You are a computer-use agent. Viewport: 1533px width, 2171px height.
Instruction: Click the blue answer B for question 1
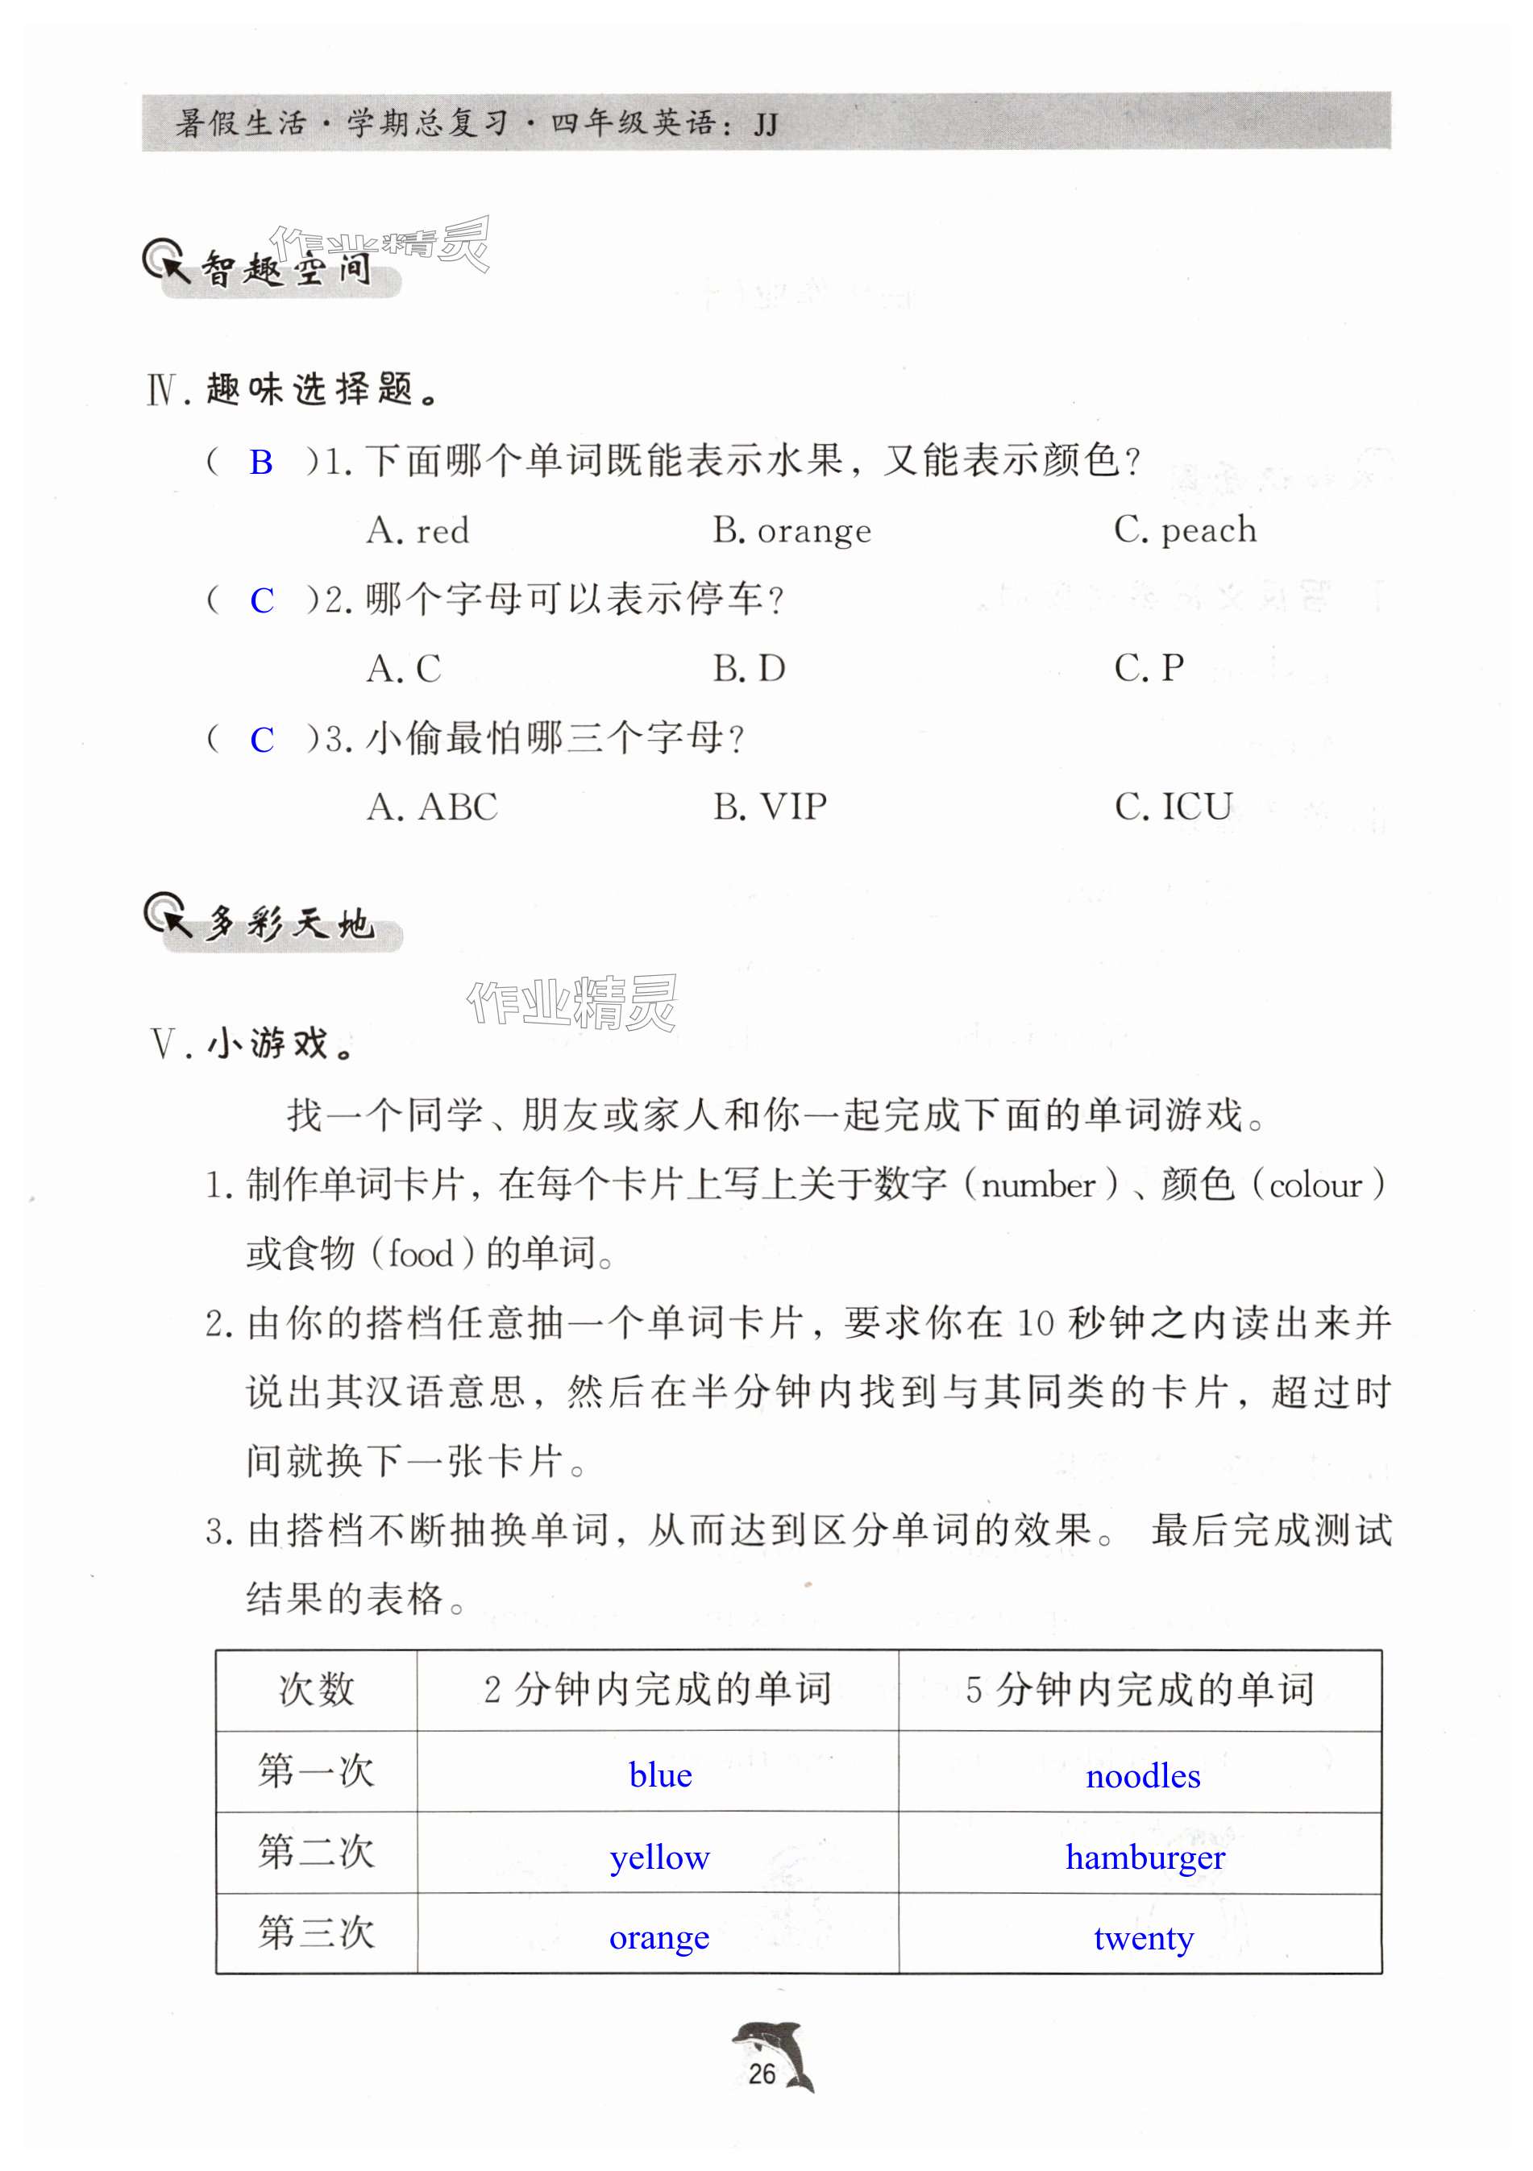point(261,463)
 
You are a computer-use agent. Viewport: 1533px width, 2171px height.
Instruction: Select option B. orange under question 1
point(791,531)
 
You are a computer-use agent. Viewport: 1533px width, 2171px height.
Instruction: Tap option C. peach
point(1185,530)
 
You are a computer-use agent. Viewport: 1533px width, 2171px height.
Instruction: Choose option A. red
point(417,531)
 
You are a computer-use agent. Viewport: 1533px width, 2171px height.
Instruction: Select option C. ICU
point(1173,807)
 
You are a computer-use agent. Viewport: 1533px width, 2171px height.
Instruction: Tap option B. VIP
point(770,807)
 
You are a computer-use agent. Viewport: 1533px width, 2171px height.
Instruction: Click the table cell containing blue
point(659,1775)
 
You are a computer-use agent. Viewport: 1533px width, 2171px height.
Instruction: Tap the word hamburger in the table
point(1145,1857)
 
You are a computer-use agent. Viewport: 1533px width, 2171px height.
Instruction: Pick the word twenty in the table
point(1144,1938)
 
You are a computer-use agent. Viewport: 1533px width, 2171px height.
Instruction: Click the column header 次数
point(316,1690)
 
